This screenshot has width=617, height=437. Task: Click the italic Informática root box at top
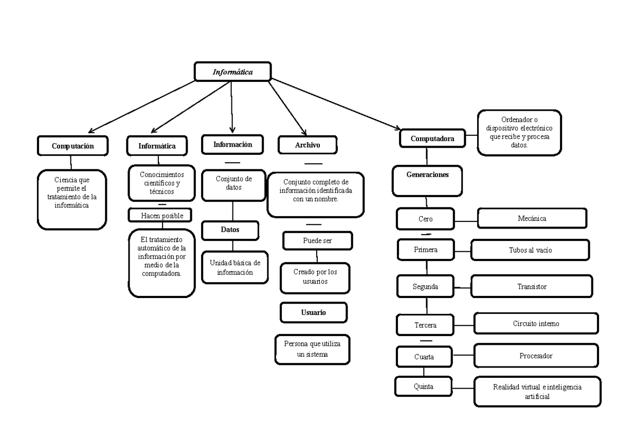(x=232, y=72)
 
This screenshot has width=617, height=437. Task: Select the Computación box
(x=73, y=146)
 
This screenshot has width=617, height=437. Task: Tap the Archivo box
(x=307, y=145)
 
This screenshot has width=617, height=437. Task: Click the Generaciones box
(x=427, y=174)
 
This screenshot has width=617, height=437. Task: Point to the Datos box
(x=230, y=230)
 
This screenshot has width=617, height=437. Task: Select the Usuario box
(x=314, y=312)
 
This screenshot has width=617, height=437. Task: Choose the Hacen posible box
(x=162, y=215)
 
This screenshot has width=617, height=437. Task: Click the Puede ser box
(x=317, y=240)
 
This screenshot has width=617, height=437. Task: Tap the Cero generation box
(x=426, y=219)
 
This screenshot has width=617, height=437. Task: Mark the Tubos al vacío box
(x=530, y=250)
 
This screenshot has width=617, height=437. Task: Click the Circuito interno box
(x=536, y=324)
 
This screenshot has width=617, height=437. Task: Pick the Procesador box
(x=536, y=355)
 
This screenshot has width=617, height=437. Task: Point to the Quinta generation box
(x=424, y=386)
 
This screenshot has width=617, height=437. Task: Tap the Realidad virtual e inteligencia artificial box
(x=537, y=392)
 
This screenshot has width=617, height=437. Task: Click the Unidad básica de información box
(x=235, y=267)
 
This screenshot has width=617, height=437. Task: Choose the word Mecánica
(x=532, y=218)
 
